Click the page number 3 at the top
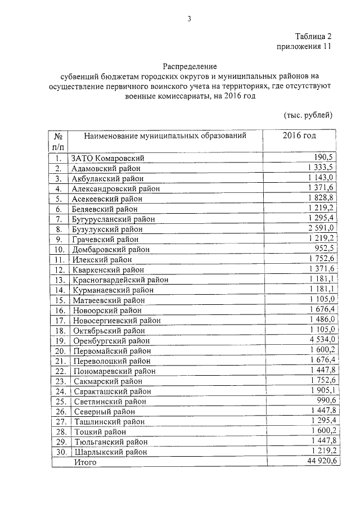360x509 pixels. pos(190,19)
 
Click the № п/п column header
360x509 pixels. pos(58,141)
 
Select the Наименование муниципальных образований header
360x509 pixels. pos(165,136)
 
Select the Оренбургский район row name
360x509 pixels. pos(111,340)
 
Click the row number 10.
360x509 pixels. pos(58,249)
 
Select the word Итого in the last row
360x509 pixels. pos(84,462)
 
